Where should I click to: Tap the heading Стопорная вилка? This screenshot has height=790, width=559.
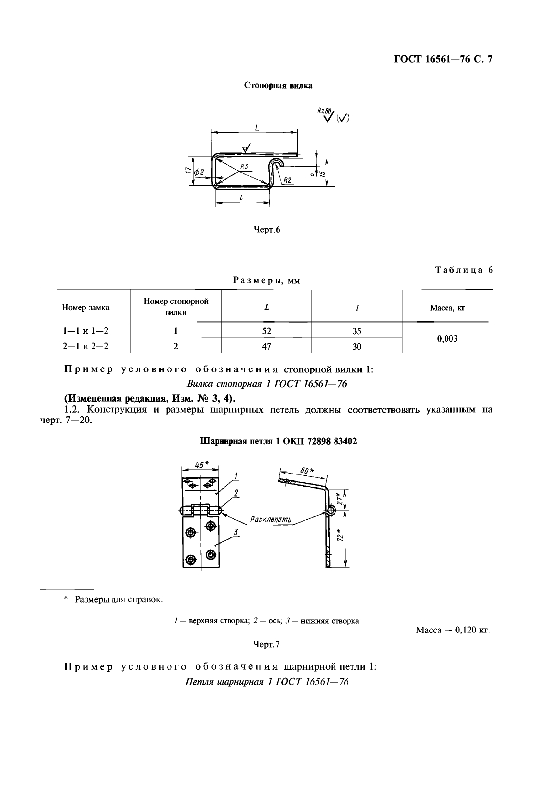point(279,85)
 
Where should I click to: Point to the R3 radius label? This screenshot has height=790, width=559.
point(244,167)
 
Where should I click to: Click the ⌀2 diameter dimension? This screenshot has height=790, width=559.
point(199,171)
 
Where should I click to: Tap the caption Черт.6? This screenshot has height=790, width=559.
point(267,230)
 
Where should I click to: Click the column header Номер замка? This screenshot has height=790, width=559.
point(86,307)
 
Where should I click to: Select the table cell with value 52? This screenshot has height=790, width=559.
point(267,331)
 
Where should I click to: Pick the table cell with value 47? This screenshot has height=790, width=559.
point(267,346)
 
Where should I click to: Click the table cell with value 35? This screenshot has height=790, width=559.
point(357,331)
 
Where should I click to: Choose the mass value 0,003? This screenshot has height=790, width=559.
point(447,339)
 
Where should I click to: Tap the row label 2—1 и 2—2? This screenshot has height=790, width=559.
point(85,346)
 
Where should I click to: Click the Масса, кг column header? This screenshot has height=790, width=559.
point(447,308)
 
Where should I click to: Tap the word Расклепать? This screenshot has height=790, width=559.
point(271,520)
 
